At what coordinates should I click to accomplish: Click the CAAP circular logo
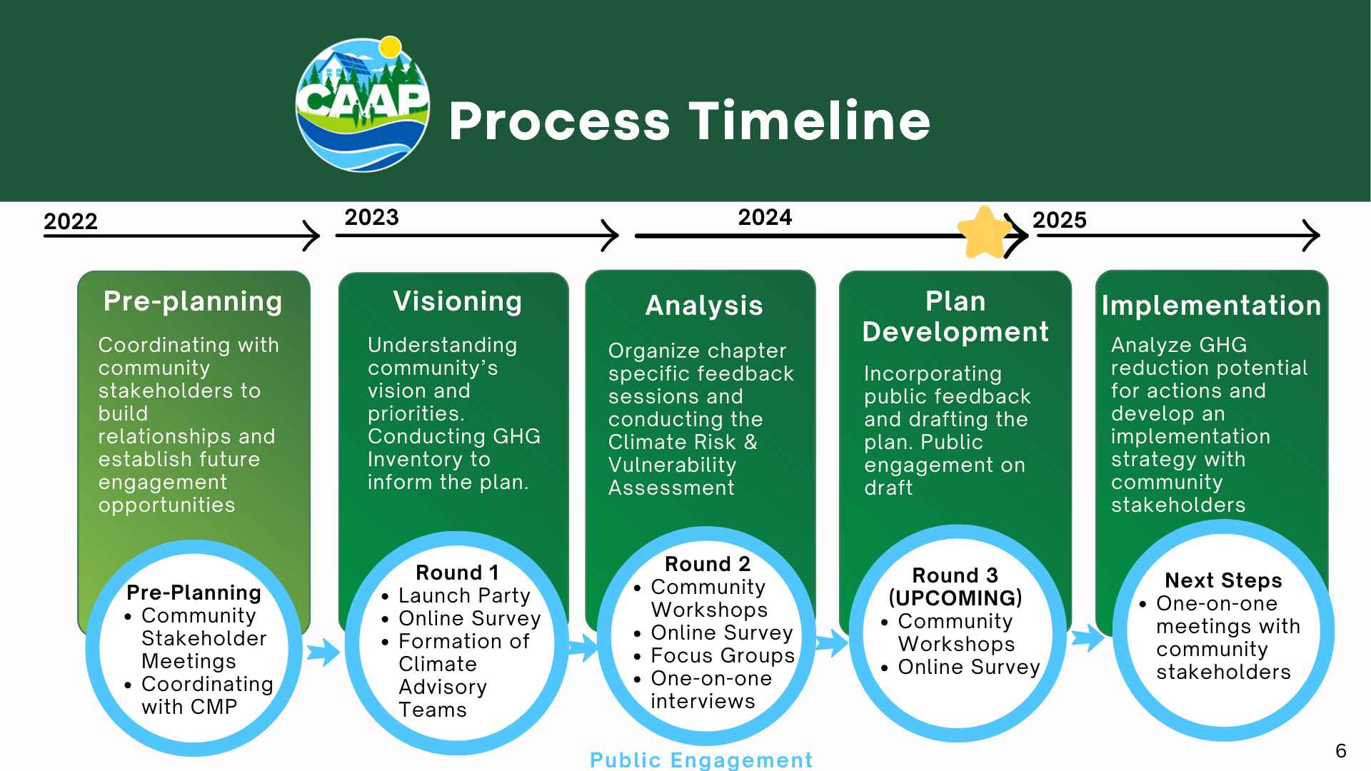click(363, 106)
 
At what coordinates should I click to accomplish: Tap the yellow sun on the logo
click(390, 47)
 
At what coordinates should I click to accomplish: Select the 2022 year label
click(70, 221)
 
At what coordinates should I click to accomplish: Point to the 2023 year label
click(371, 217)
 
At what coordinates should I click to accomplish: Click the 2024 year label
click(765, 217)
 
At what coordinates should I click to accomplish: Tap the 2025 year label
click(1059, 220)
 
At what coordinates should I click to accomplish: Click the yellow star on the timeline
click(984, 233)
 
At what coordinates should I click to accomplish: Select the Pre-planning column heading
click(193, 301)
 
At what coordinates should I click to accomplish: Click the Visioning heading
click(457, 301)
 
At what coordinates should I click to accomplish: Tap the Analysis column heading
click(704, 306)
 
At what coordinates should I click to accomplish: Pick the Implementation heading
click(1211, 306)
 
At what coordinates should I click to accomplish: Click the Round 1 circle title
click(457, 573)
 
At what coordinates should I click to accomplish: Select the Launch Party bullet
click(464, 595)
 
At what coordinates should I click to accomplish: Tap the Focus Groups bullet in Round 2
click(722, 655)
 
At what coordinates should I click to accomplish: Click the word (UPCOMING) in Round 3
click(955, 598)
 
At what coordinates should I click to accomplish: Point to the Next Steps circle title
click(1223, 580)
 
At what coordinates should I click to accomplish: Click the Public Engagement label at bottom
click(701, 760)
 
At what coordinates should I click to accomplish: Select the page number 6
click(1340, 751)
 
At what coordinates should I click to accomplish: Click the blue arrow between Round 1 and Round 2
click(583, 647)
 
